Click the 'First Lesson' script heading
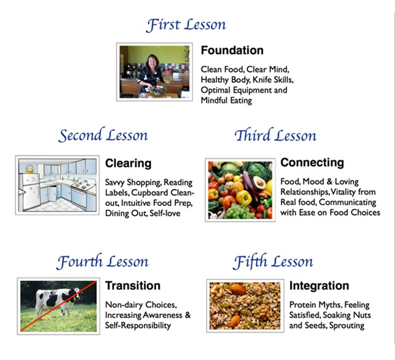point(186,25)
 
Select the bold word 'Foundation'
point(232,51)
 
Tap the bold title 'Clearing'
point(128,163)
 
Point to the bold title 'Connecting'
point(312,163)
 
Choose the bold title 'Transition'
point(133,286)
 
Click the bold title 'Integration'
point(319,286)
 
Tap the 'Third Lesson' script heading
point(276,135)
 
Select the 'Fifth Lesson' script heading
point(273,262)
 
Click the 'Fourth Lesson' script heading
point(102,262)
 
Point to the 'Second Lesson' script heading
point(103,135)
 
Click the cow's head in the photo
point(76,294)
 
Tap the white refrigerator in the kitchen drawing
point(29,190)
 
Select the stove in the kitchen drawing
point(82,192)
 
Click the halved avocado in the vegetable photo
point(259,182)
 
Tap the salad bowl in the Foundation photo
point(158,90)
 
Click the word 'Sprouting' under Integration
point(347,326)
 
